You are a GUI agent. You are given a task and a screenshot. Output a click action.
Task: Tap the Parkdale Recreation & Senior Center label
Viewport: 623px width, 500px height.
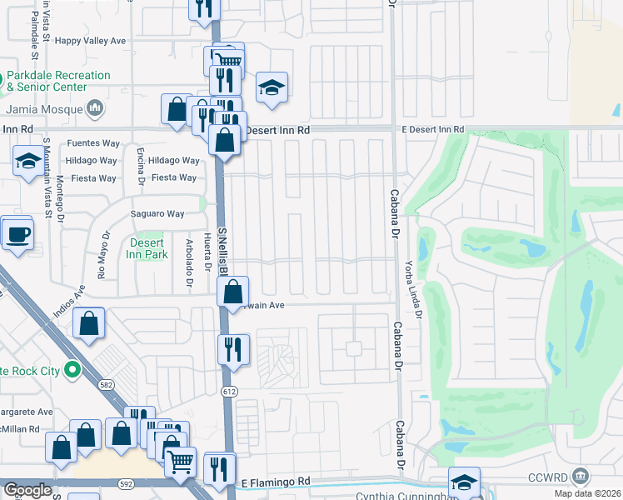[x=58, y=81]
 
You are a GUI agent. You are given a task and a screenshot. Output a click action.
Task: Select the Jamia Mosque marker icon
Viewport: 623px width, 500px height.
[x=96, y=108]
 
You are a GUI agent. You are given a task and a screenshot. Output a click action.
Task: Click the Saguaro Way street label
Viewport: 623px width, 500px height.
[x=156, y=214]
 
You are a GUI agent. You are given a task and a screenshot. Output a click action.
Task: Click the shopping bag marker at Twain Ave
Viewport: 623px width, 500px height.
[x=234, y=292]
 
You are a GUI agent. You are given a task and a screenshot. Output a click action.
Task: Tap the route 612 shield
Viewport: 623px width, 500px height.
[x=229, y=392]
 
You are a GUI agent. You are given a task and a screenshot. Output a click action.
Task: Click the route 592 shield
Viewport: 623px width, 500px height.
[x=126, y=482]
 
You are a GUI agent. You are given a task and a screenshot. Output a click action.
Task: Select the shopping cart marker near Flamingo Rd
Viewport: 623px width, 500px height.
[x=180, y=461]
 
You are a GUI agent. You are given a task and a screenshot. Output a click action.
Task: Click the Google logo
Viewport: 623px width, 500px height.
[x=27, y=490]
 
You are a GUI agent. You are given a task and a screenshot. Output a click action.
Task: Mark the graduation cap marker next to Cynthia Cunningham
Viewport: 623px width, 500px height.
[x=464, y=482]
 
